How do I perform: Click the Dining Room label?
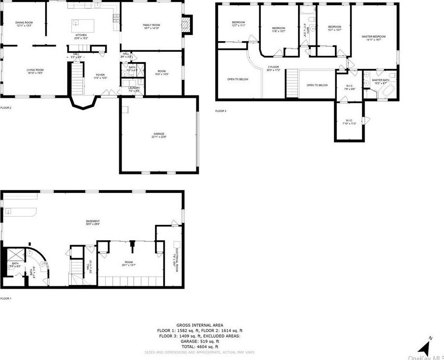click(23, 23)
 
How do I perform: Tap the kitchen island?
click(77, 24)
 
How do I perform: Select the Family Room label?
click(151, 25)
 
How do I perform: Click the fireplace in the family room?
click(187, 25)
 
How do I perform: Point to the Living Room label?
click(35, 70)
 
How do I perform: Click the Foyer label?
click(100, 75)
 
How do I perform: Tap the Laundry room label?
click(134, 88)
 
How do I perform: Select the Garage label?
click(159, 134)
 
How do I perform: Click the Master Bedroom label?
click(374, 37)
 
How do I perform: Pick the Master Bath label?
click(381, 80)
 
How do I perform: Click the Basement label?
click(93, 221)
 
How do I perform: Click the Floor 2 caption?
click(6, 108)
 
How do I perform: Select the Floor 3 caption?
click(221, 111)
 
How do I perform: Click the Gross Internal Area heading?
click(199, 325)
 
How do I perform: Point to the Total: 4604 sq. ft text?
click(199, 346)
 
